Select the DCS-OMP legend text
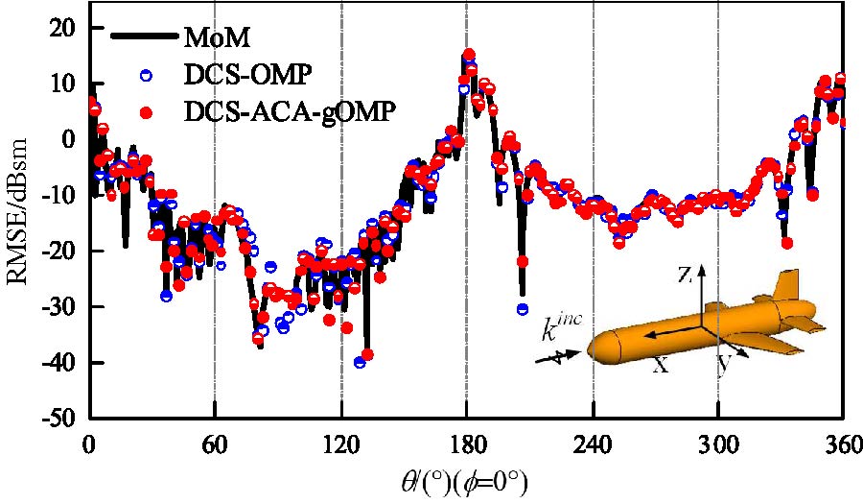pyautogui.click(x=243, y=74)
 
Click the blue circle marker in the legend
pyautogui.click(x=146, y=74)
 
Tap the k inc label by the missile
pyautogui.click(x=560, y=326)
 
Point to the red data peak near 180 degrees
pyautogui.click(x=469, y=55)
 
